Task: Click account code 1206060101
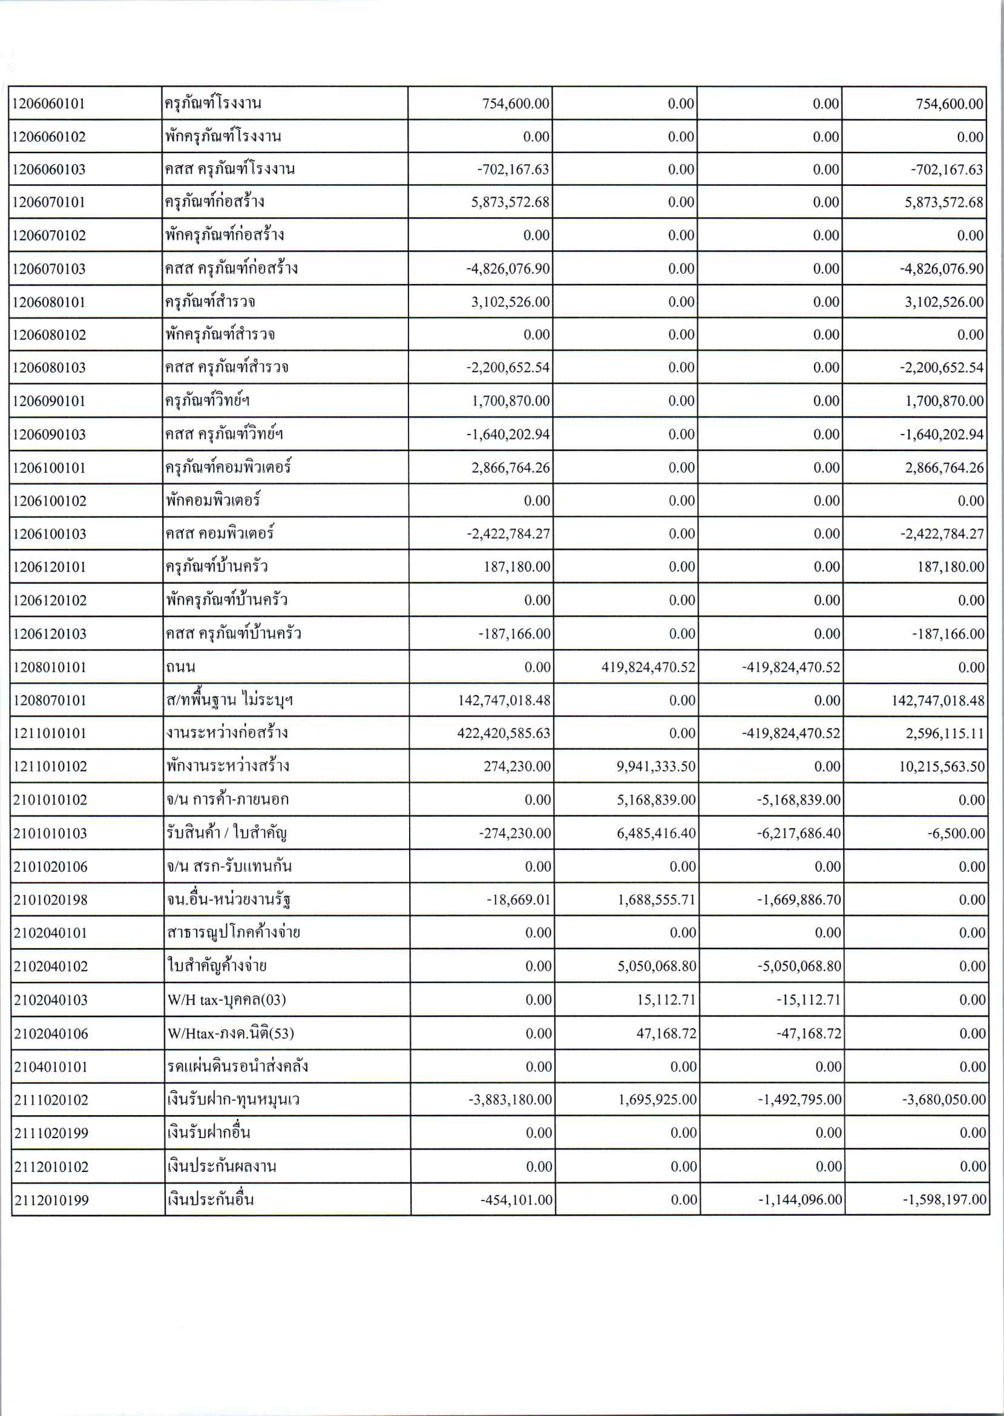click(x=48, y=104)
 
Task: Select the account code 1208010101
click(x=50, y=667)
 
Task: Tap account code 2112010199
click(x=51, y=1200)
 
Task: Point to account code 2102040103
click(x=51, y=1000)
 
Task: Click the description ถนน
click(x=180, y=667)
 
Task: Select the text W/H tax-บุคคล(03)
click(x=226, y=1000)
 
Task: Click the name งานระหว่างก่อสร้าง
click(x=227, y=733)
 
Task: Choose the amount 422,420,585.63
click(x=504, y=733)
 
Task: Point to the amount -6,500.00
click(x=956, y=834)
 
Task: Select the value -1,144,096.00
click(x=800, y=1200)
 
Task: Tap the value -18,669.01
click(x=518, y=900)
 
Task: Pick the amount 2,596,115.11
click(x=943, y=733)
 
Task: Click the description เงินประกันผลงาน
click(x=221, y=1167)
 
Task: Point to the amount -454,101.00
click(x=516, y=1200)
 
